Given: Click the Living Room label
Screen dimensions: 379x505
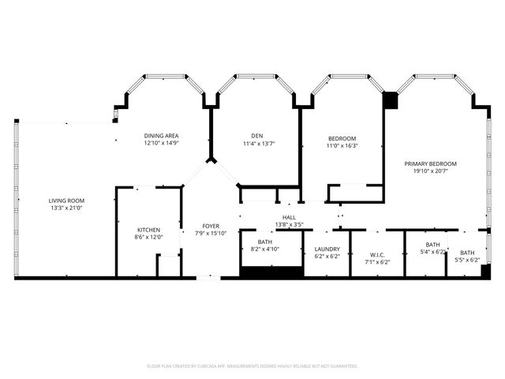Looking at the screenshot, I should [66, 201].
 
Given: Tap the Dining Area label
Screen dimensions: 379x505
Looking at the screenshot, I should [162, 136].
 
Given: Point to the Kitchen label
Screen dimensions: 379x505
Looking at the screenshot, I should [149, 229].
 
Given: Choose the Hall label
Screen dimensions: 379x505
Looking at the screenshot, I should [290, 217].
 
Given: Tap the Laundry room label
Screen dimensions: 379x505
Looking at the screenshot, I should [327, 249].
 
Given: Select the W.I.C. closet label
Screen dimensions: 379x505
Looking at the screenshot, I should [376, 254].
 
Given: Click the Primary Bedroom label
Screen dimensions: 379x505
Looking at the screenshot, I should [430, 164].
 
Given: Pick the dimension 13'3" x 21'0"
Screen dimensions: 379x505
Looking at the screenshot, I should [66, 208].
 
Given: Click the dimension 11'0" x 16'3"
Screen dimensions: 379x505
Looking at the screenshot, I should [342, 145].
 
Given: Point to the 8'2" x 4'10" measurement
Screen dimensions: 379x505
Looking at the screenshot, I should [265, 249].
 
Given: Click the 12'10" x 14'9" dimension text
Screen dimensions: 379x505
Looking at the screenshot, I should [162, 144].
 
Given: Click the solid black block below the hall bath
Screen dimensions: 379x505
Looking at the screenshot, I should [271, 272].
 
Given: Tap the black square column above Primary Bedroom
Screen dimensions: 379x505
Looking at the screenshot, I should [390, 100].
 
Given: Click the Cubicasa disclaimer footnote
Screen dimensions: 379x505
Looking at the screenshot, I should [252, 366].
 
